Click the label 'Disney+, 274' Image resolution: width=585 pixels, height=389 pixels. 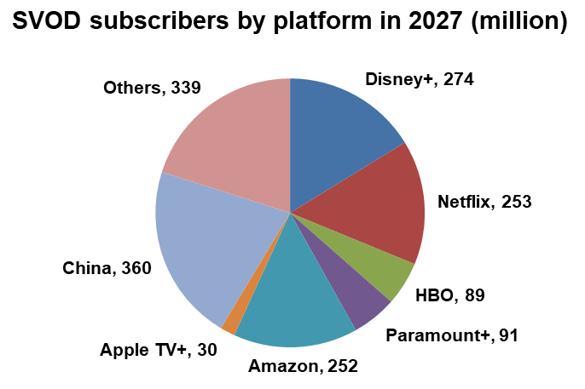(419, 80)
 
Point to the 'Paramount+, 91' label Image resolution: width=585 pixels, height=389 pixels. (451, 335)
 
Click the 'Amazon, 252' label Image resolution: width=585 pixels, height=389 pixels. (303, 366)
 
